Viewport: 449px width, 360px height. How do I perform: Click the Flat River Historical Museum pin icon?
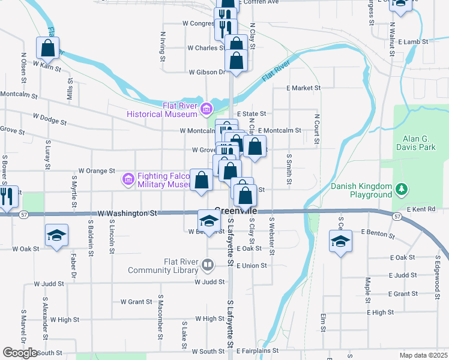(x=206, y=109)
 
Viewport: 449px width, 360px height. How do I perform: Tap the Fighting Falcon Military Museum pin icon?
(x=127, y=179)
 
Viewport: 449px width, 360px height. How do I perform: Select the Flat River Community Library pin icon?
(x=207, y=264)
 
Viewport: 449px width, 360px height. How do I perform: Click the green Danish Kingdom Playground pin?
(x=401, y=190)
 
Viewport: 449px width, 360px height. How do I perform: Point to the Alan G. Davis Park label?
(x=415, y=142)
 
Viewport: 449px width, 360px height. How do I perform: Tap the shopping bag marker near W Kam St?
(x=48, y=47)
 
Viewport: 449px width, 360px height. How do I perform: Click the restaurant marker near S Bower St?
(x=7, y=198)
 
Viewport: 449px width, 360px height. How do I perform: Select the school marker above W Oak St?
(x=56, y=235)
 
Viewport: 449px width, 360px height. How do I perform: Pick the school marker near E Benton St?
(x=340, y=242)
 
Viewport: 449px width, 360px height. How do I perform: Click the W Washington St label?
(x=128, y=213)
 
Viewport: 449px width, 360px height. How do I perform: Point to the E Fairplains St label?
(x=258, y=350)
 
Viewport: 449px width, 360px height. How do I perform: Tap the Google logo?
(x=20, y=353)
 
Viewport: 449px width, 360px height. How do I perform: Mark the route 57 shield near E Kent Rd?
(x=397, y=215)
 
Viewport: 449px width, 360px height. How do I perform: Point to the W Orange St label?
(x=96, y=170)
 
